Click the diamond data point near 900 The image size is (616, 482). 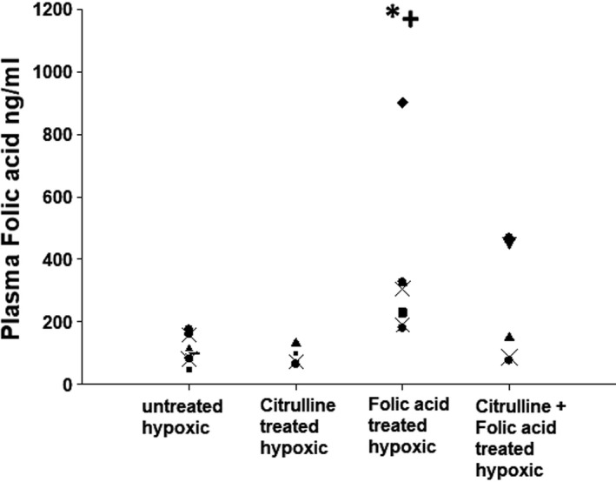[x=402, y=103]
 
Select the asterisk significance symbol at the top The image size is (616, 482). [x=393, y=13]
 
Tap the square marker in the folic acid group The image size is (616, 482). [x=403, y=312]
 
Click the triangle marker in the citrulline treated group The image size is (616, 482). [x=295, y=342]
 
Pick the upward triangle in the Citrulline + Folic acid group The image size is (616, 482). [x=509, y=337]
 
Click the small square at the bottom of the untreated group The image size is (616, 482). [x=189, y=369]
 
